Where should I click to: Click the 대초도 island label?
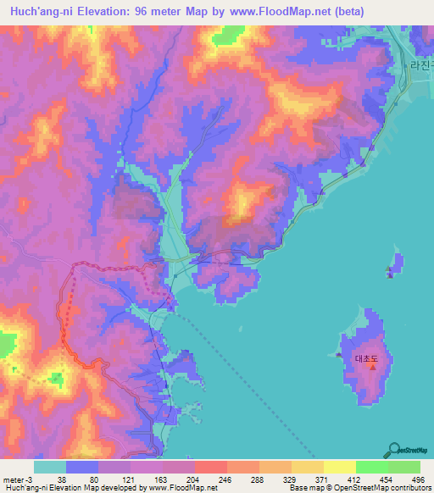(x=366, y=359)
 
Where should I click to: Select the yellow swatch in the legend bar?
(x=339, y=467)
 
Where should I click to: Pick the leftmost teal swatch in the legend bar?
(x=50, y=467)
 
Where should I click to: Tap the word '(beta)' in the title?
(x=408, y=12)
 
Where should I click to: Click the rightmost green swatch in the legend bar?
(x=404, y=467)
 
